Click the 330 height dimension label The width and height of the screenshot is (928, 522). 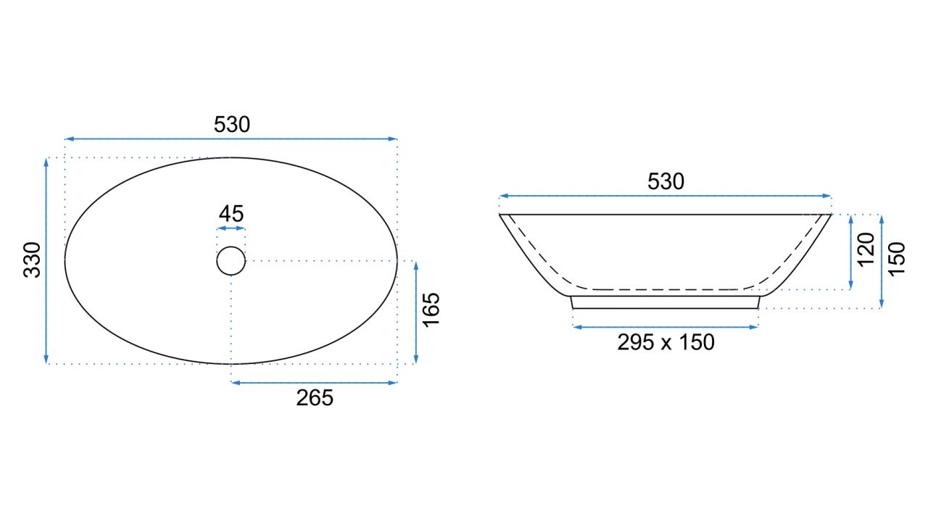(32, 260)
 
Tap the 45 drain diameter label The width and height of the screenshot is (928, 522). (231, 214)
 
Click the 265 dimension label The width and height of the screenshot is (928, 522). (315, 398)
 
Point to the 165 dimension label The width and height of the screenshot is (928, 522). (431, 310)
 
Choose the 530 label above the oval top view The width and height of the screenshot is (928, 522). (231, 124)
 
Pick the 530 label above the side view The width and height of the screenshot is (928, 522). (666, 181)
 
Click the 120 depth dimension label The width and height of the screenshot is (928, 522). (866, 250)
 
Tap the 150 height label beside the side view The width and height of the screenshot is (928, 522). (897, 259)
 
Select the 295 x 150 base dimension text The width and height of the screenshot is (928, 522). (666, 342)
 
